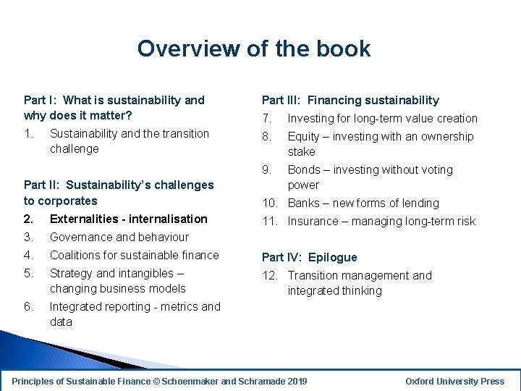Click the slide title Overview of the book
pos(254,49)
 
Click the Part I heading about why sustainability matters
pos(114,108)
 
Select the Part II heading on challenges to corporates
pos(119,193)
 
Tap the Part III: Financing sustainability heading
pos(350,100)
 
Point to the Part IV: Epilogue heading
pos(309,257)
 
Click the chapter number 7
pos(266,118)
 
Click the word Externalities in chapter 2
pos(83,219)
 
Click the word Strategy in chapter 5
pos(71,273)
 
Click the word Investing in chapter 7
pos(312,118)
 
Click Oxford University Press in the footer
pos(454,382)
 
